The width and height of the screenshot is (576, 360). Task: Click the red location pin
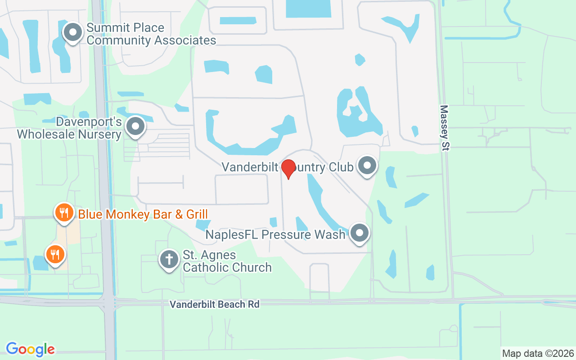point(288,168)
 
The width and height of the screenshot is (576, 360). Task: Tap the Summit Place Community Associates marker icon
point(72,33)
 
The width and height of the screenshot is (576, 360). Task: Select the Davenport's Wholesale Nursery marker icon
point(135,127)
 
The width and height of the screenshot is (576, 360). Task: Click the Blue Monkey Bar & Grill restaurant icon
point(64,213)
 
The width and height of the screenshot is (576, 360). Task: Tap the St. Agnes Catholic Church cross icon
point(169,260)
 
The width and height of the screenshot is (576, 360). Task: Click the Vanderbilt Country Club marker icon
point(367,166)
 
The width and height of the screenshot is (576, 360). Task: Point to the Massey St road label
point(445,128)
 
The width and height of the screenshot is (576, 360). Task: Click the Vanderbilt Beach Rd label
point(215,305)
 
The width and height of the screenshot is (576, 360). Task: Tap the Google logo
point(31,349)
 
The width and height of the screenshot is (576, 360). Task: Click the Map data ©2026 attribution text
point(538,354)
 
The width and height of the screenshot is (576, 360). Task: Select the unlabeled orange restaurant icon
point(55,255)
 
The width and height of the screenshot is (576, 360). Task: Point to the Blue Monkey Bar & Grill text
point(143,214)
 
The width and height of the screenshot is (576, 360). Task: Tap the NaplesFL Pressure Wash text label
point(275,234)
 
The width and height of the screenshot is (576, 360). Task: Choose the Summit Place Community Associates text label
point(151,34)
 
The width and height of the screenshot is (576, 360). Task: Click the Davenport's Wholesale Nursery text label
point(69,128)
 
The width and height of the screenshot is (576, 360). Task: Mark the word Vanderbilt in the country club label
point(249,167)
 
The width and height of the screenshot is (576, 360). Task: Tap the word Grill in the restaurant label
point(197,214)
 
